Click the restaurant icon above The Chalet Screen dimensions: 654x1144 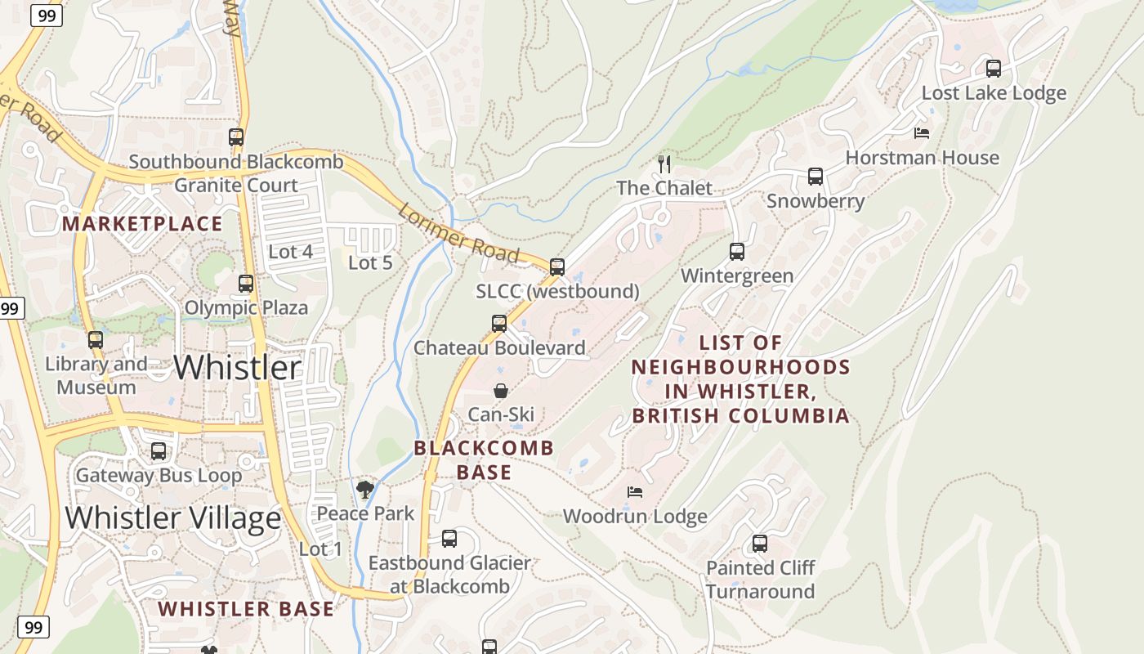[x=664, y=164]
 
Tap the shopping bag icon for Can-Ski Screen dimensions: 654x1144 [x=501, y=391]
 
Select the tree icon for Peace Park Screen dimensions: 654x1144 [x=365, y=490]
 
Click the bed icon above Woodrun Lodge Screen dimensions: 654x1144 [x=635, y=492]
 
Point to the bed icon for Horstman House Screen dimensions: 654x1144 [x=922, y=133]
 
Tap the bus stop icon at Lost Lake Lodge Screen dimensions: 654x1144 [x=994, y=69]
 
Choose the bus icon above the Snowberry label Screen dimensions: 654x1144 [x=815, y=177]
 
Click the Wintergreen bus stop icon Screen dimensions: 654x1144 [x=737, y=252]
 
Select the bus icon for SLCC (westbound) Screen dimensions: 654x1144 [x=557, y=267]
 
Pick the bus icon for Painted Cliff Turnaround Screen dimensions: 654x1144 [x=760, y=544]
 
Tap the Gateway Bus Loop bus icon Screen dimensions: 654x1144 [x=159, y=451]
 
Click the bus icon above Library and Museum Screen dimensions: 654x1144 [x=96, y=340]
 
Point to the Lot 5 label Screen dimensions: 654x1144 [x=370, y=262]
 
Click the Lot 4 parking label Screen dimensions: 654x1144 [x=290, y=252]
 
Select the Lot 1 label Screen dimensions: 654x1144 [x=320, y=549]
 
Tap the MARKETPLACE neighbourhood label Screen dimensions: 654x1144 [x=142, y=224]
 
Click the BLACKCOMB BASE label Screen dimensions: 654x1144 [x=484, y=459]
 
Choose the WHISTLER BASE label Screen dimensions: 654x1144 [x=246, y=609]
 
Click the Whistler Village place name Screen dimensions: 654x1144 [x=173, y=517]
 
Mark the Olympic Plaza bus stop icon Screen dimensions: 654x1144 [x=246, y=284]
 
